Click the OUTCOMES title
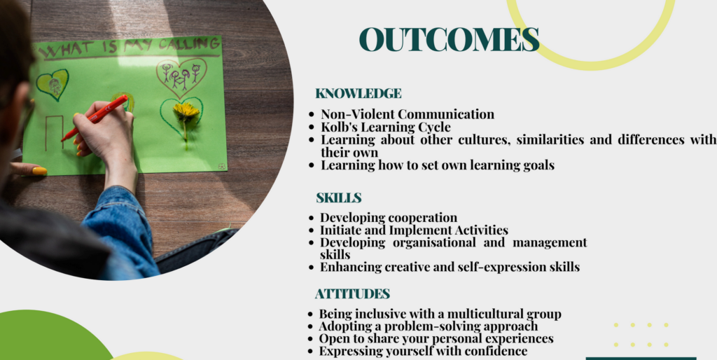(449, 39)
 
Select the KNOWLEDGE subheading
(358, 93)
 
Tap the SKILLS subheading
(339, 198)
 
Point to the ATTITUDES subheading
(353, 293)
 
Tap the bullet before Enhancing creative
(312, 268)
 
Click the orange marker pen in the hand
(95, 118)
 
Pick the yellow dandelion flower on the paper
(186, 111)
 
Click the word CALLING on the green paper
(189, 44)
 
